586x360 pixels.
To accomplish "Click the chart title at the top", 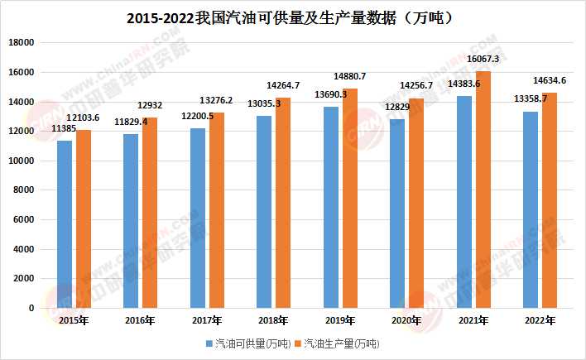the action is (290, 18).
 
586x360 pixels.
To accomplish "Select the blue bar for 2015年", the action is (65, 224).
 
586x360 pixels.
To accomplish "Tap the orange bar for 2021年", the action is (483, 190).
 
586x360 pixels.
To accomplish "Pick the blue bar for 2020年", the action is (397, 214).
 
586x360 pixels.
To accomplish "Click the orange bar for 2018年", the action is (283, 203).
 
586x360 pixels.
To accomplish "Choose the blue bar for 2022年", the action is (531, 209).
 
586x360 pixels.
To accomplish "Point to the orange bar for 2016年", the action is (150, 213).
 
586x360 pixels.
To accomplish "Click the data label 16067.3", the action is (483, 59).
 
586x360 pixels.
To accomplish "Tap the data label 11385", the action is (64, 128).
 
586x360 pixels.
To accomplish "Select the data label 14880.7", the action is (349, 76).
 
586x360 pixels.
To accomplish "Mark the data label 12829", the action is (397, 107).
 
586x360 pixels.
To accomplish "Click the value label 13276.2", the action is (216, 100).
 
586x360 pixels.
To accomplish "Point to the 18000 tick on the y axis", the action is (22, 42).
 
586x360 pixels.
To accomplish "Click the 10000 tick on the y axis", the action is (22, 161).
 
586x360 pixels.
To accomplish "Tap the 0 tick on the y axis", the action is (31, 308).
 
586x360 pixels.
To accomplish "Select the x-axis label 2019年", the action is (340, 320).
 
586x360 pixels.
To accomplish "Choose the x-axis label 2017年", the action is (207, 320).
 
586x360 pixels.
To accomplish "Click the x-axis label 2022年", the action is (540, 320).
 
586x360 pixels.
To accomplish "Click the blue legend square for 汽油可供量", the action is (209, 343).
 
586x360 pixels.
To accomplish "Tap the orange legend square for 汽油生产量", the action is (298, 343).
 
